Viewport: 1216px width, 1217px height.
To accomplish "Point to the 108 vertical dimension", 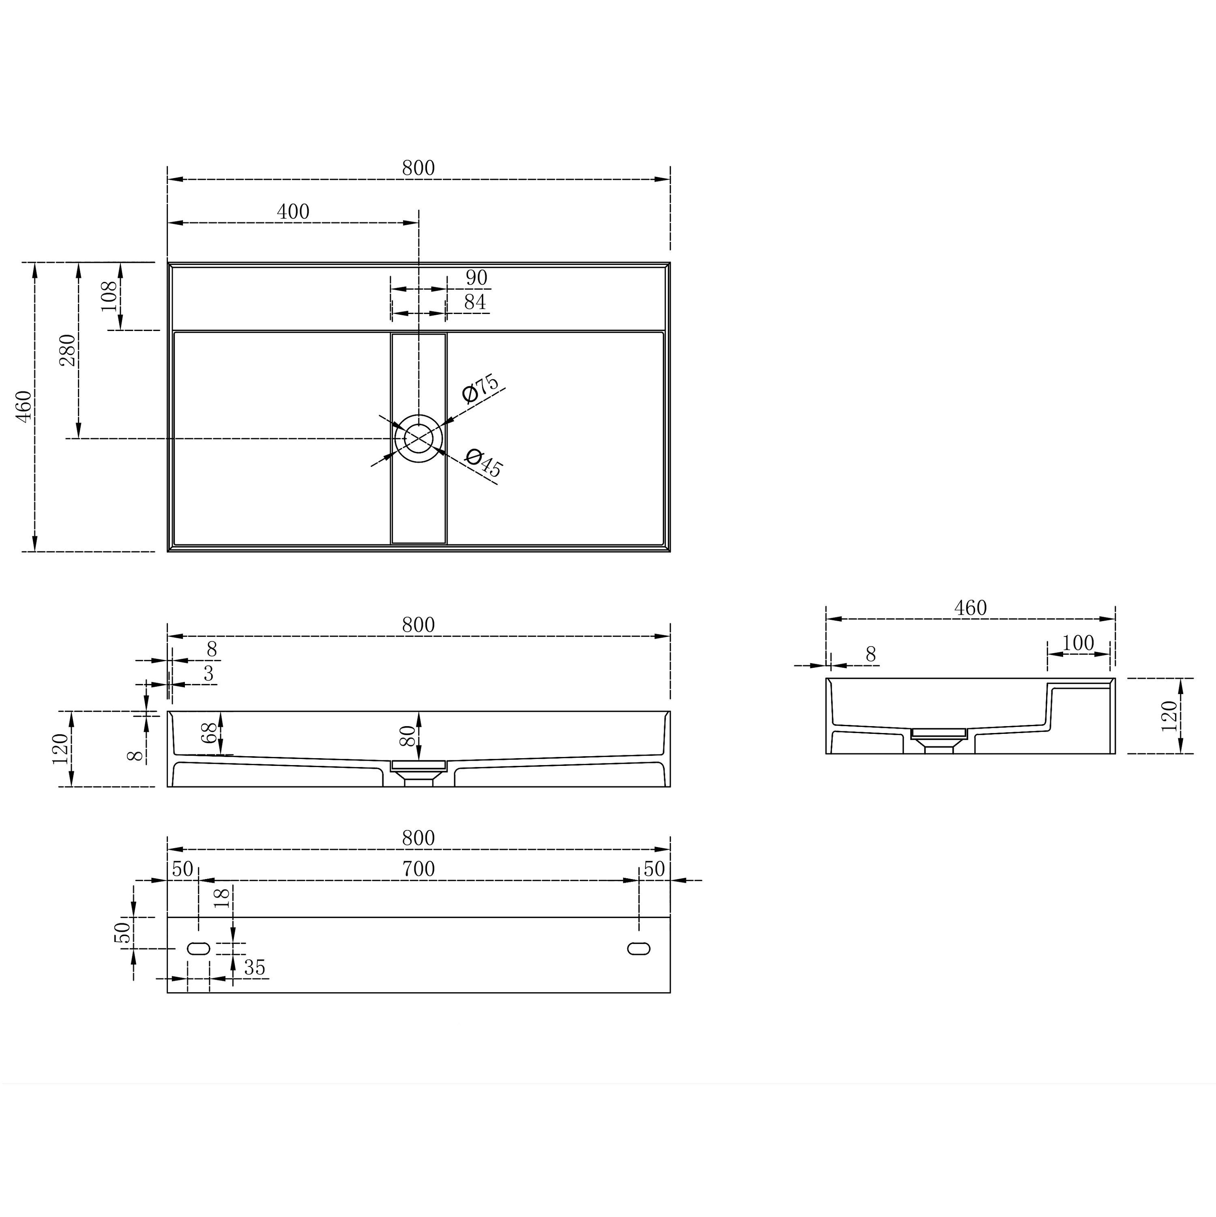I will [109, 296].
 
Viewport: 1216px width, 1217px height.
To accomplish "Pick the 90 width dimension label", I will [476, 278].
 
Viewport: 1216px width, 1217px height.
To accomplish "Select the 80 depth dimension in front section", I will [407, 736].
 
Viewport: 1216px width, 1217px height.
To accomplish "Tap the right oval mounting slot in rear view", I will [639, 949].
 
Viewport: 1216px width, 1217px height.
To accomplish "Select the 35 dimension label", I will [254, 968].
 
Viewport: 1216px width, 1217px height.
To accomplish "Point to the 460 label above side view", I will [970, 608].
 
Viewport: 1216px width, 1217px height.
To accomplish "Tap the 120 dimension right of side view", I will [1169, 716].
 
